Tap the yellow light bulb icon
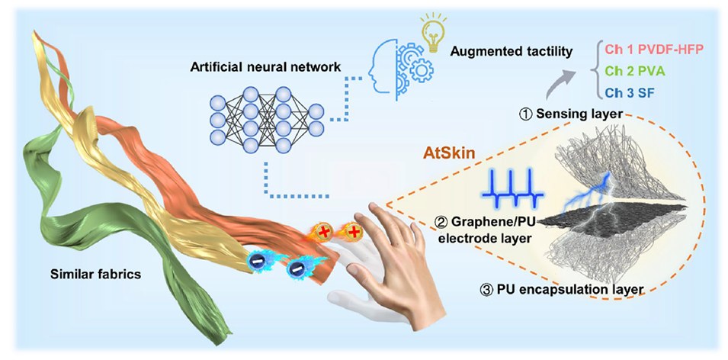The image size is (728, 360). [x=432, y=34]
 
